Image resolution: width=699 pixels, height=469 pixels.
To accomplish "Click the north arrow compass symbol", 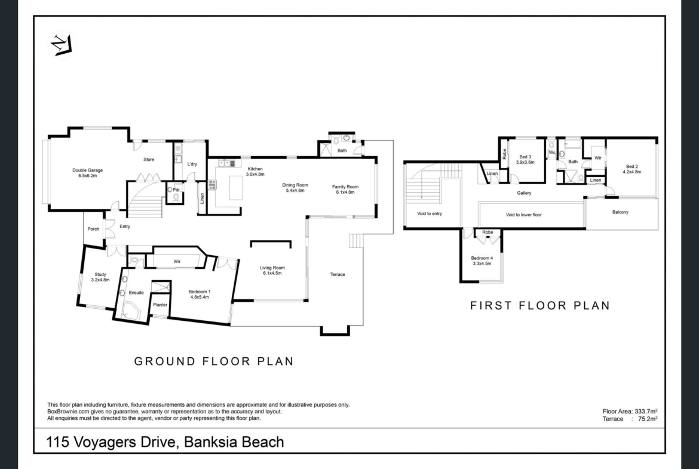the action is tap(62, 45).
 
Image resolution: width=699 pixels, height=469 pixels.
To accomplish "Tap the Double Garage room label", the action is tap(87, 173).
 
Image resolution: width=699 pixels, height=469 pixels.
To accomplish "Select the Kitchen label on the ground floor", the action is tap(255, 171).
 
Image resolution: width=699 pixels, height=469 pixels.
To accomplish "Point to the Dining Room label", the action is tap(295, 188).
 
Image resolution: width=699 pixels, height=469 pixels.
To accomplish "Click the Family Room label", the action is tap(345, 189).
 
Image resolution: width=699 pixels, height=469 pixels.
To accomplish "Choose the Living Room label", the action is tap(272, 271).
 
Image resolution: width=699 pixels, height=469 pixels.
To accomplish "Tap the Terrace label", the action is tap(338, 275).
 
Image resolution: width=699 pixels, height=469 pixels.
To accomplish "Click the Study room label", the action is tap(100, 277).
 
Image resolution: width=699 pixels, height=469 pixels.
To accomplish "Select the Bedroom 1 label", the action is tap(200, 294).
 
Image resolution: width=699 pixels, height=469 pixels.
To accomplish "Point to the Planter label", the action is tap(160, 305).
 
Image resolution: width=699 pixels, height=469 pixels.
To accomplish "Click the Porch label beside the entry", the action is tap(93, 229).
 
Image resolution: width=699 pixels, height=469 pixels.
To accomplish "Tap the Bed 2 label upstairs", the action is tap(631, 169).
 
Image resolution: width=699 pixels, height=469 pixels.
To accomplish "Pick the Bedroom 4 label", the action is tap(482, 261).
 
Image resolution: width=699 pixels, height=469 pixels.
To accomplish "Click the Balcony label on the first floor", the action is tap(620, 212).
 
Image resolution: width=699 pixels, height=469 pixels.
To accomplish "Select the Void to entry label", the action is tap(430, 213).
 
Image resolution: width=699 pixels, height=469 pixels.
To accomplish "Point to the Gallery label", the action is tap(525, 193).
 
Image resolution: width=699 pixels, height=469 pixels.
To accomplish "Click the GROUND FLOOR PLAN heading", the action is tap(214, 361).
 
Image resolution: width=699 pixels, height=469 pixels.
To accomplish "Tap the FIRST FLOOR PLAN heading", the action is tap(540, 305).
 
